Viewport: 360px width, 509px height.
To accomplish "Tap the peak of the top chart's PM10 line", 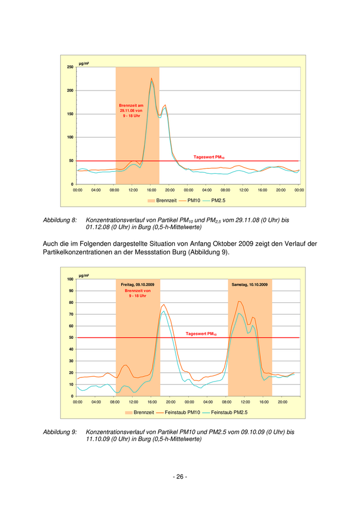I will (x=151, y=79).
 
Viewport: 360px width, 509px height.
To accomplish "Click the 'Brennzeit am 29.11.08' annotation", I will (x=131, y=111).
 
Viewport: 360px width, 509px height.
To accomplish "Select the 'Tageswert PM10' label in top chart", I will (x=209, y=157).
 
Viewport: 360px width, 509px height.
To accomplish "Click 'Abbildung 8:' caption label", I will (x=60, y=220).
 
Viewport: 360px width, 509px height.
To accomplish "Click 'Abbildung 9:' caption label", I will (x=60, y=432).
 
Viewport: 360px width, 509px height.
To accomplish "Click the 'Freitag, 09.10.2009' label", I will (x=137, y=284).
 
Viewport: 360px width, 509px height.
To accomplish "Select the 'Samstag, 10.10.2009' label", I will (x=249, y=284).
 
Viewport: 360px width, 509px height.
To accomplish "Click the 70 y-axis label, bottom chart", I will (x=70, y=314).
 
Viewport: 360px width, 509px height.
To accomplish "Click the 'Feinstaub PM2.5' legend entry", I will (x=225, y=412).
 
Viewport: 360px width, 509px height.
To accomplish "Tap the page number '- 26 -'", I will (x=179, y=477).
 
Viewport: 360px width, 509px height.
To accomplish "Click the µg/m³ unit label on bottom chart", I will (x=84, y=276).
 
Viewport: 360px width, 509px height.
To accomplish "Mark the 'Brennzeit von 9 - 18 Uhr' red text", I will (x=137, y=293).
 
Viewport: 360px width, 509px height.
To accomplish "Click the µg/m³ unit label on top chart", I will (x=84, y=63).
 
